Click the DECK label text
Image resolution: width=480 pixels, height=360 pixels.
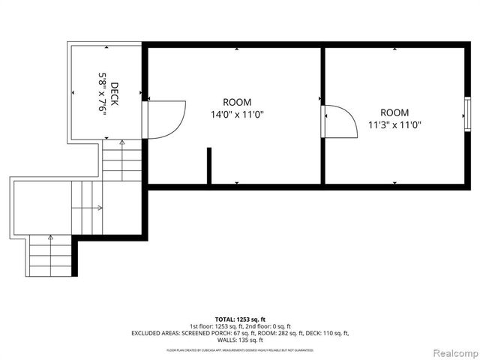114,92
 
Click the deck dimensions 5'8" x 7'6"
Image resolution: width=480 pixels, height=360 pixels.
101,92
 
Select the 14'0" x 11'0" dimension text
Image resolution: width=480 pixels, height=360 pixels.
237,115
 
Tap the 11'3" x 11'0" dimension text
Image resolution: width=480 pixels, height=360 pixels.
394,125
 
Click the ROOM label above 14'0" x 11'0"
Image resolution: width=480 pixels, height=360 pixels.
237,102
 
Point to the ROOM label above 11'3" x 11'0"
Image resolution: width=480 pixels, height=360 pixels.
394,112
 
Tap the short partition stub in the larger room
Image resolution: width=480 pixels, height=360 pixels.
209,165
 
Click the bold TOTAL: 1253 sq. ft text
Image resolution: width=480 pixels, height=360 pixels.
241,319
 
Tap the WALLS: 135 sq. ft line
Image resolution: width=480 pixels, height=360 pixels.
241,340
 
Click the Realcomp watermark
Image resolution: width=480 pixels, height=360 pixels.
454,352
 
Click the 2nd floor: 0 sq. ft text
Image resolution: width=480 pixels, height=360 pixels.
267,325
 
